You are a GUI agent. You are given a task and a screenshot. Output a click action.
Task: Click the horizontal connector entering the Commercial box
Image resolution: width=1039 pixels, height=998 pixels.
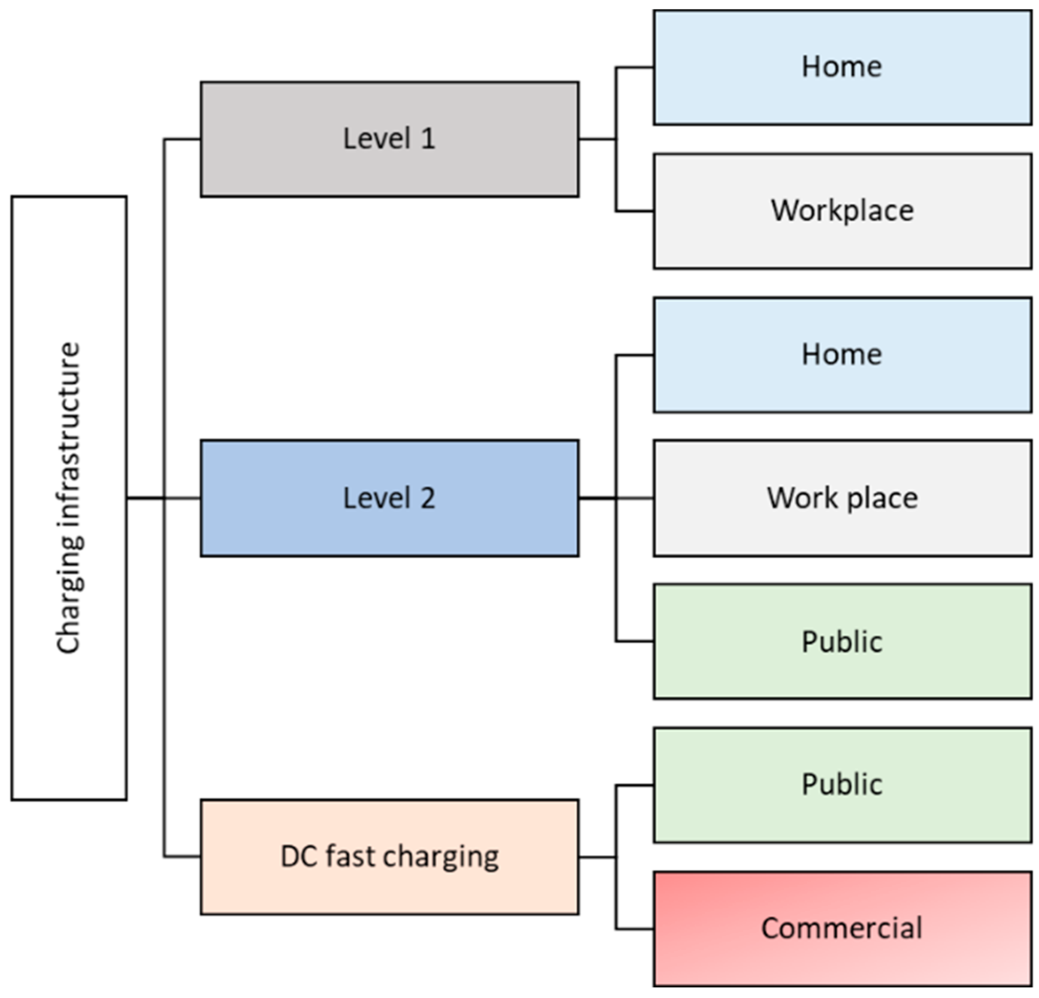(x=635, y=928)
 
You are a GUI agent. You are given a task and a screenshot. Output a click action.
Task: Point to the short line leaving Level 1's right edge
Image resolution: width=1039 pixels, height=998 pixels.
(x=597, y=139)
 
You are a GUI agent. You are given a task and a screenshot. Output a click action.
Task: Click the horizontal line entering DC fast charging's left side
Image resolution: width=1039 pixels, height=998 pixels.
(x=182, y=857)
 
